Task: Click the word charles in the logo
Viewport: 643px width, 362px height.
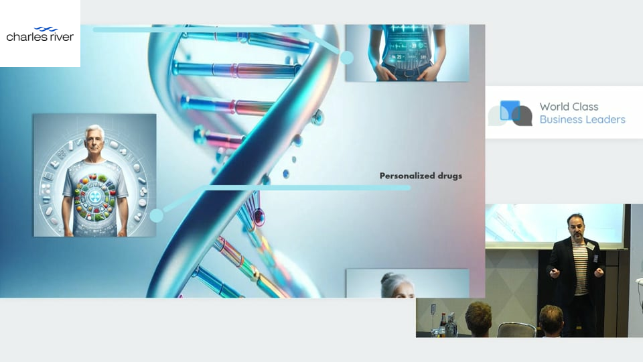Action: [x=26, y=36]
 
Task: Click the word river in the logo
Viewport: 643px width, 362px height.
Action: [x=61, y=36]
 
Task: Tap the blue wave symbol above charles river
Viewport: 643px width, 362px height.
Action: [x=46, y=29]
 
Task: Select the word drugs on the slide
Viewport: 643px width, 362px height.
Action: [x=449, y=176]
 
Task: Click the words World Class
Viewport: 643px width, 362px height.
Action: [x=569, y=107]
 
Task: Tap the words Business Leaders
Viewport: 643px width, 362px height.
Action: [x=582, y=119]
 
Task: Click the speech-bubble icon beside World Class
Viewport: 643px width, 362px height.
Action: [x=510, y=113]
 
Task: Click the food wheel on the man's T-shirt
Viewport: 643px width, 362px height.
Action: [x=94, y=197]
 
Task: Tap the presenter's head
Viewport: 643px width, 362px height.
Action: [x=576, y=226]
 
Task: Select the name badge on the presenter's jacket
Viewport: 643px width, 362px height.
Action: [x=590, y=245]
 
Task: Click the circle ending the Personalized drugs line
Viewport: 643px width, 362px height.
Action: [x=156, y=215]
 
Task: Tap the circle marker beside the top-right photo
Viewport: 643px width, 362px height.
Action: [x=347, y=58]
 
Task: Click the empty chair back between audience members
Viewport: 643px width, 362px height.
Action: [x=516, y=330]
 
